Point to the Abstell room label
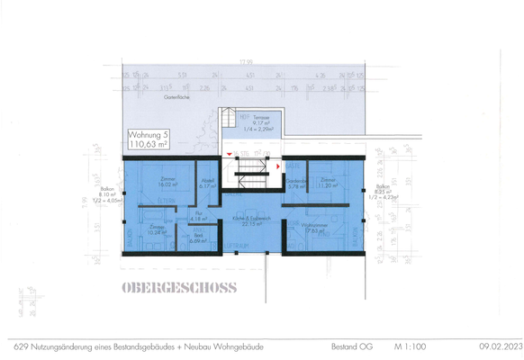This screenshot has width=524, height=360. (205, 184)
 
